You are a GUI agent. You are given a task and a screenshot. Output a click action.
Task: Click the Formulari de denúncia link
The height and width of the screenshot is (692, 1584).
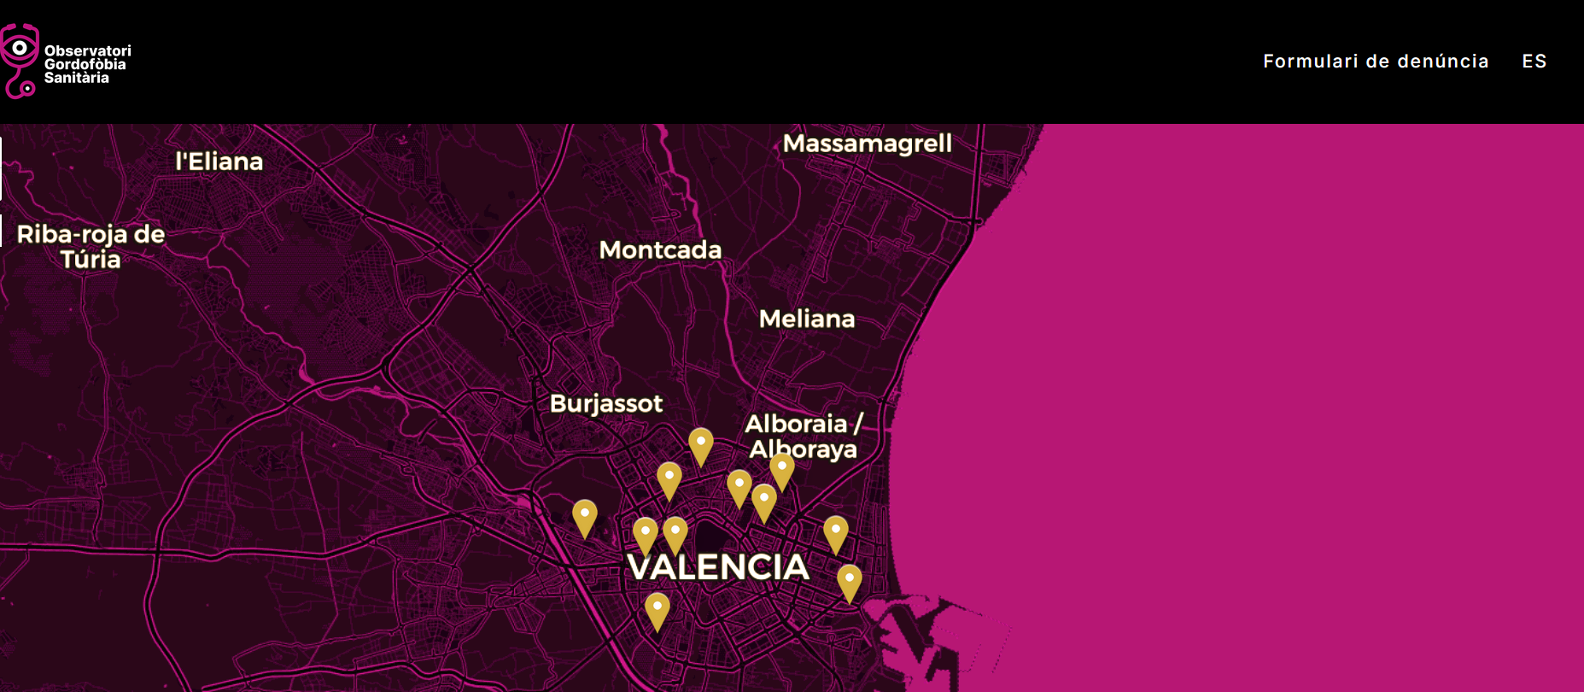1375,62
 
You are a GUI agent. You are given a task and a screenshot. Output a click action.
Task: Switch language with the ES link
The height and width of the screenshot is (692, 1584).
1534,62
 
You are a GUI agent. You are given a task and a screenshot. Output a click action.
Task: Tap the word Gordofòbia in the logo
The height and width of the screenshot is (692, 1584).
85,64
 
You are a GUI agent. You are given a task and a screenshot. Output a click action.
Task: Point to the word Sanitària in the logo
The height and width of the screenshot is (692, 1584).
76,78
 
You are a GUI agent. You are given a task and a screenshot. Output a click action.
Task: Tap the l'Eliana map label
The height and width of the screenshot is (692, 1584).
219,161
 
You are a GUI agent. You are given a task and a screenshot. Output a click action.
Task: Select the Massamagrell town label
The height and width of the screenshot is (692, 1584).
867,144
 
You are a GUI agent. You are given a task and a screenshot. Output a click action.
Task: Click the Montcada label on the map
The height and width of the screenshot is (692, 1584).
660,250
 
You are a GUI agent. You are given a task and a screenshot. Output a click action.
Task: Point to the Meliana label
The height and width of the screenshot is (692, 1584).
806,320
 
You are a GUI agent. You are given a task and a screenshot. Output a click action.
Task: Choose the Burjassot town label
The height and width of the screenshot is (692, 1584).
605,404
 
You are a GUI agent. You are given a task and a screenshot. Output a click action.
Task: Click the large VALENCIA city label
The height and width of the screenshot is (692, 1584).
718,567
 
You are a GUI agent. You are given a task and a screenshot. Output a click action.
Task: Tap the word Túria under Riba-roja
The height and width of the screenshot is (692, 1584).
91,260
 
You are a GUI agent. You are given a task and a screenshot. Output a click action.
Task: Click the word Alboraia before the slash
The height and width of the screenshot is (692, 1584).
795,424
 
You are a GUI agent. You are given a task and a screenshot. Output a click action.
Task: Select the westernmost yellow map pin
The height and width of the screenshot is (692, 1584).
584,516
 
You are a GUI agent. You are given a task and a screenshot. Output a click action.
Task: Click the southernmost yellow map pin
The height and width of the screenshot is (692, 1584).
657,609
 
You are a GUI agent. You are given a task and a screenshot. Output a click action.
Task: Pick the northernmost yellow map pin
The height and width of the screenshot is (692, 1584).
700,444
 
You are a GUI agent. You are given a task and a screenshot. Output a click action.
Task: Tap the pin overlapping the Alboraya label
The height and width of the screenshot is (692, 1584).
781,469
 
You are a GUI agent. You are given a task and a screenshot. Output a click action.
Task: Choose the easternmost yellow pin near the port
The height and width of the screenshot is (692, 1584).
849,581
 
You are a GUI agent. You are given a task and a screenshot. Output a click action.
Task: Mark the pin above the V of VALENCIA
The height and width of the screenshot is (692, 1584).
646,534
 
